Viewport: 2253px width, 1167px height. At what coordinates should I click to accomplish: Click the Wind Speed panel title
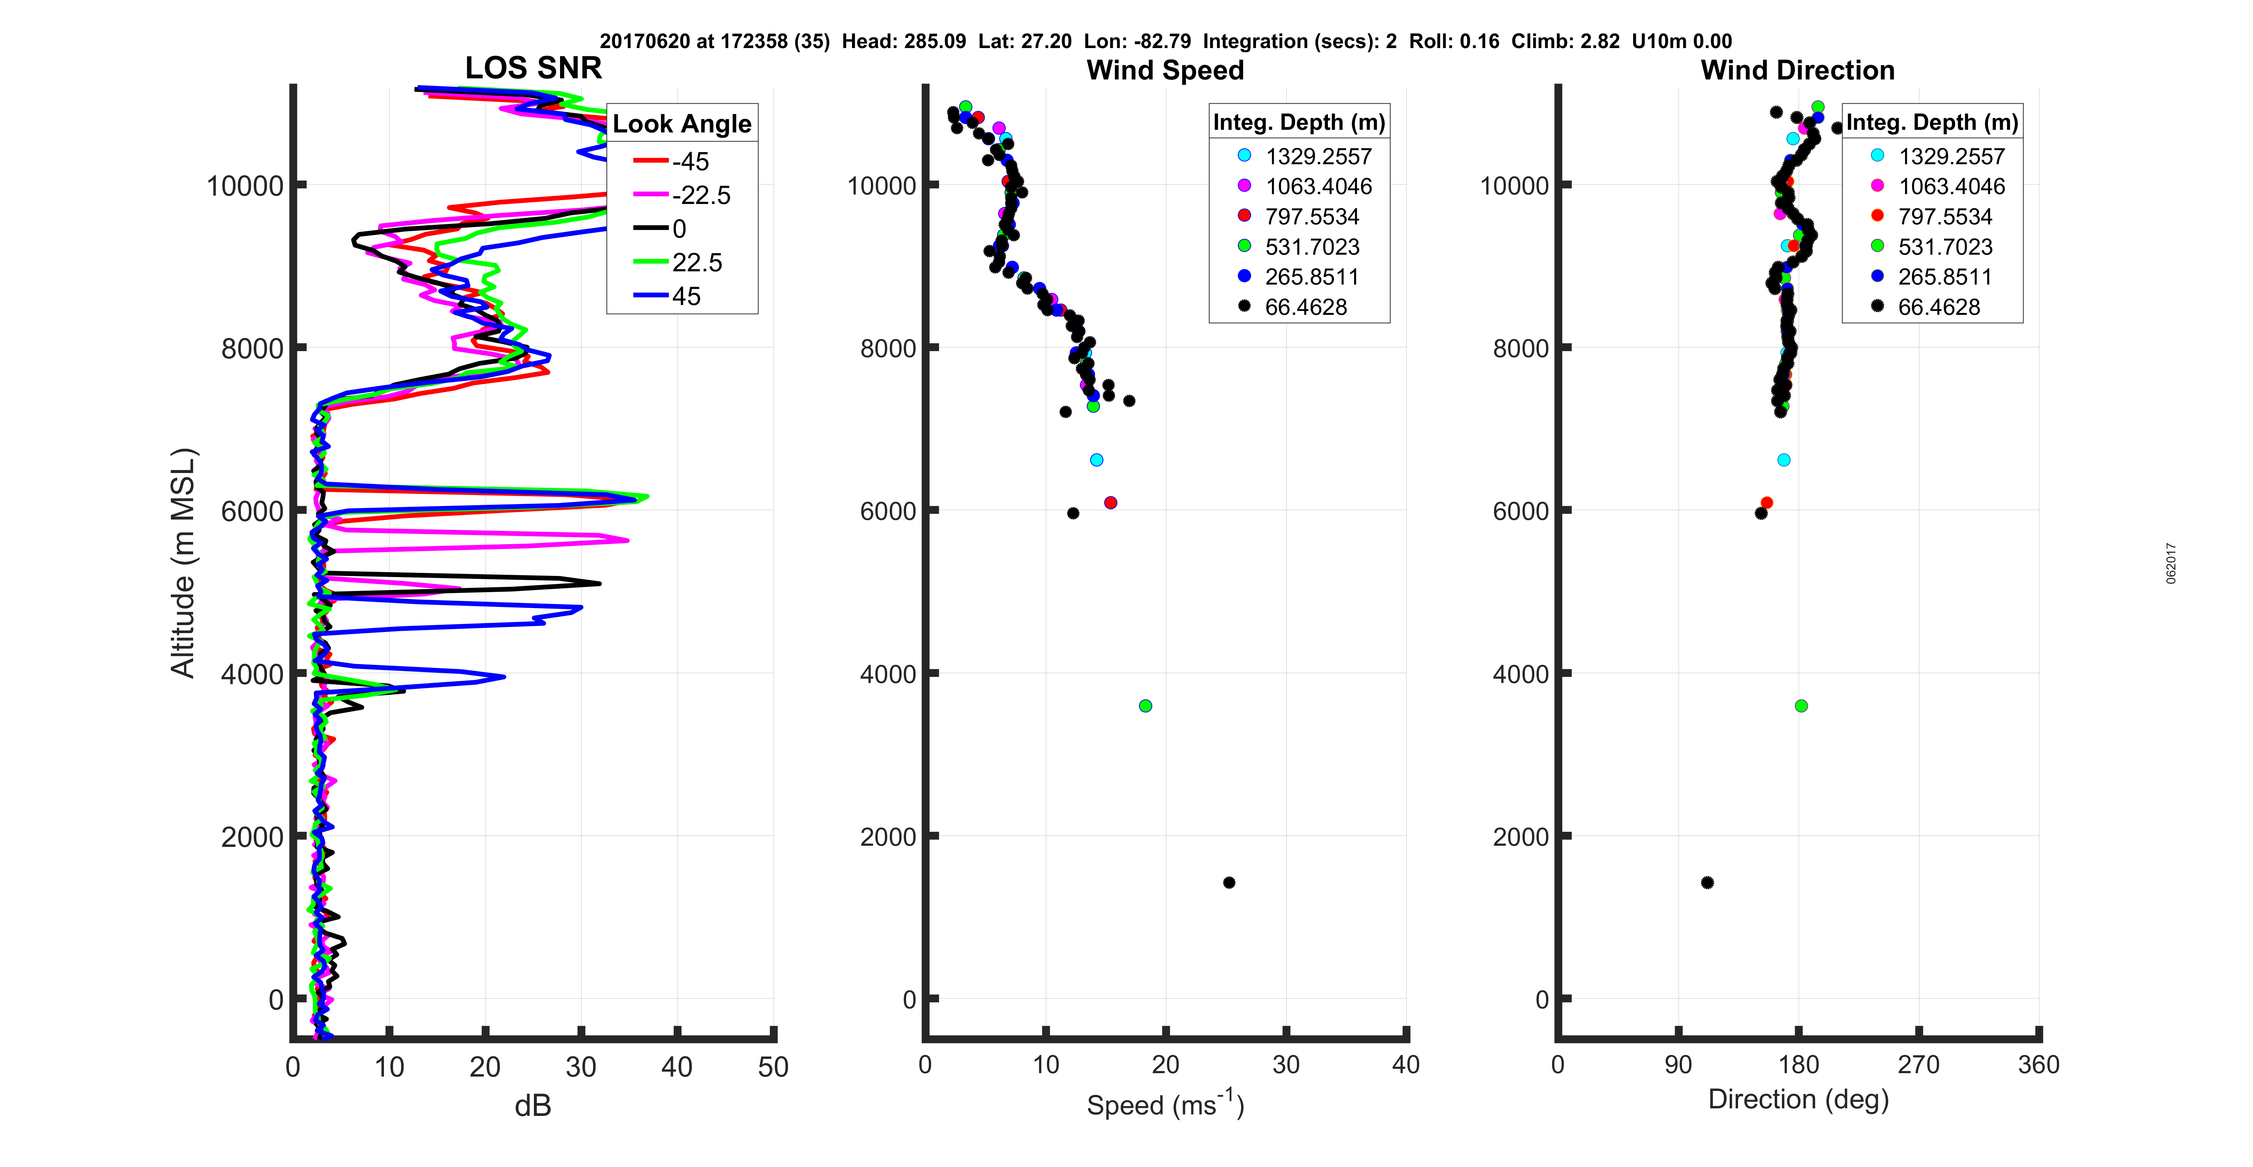coord(1165,70)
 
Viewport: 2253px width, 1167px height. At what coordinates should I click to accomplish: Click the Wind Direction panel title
coord(1797,70)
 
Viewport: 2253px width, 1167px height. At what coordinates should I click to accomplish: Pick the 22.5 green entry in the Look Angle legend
coord(696,262)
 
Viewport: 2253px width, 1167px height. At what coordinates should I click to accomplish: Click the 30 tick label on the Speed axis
coord(1286,1065)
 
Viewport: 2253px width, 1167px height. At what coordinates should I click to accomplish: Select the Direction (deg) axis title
coord(1798,1100)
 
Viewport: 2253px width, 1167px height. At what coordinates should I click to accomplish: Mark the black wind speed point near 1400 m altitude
coord(1229,882)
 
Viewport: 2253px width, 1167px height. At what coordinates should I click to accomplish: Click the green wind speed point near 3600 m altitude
coord(1146,705)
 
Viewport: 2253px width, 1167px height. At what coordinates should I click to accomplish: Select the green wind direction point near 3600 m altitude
coord(1801,705)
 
